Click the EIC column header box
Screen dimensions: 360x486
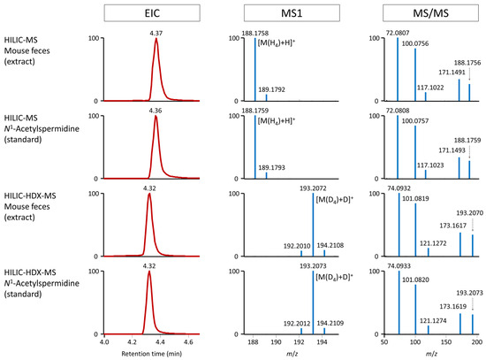point(142,13)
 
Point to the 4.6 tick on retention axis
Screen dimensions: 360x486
point(187,341)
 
